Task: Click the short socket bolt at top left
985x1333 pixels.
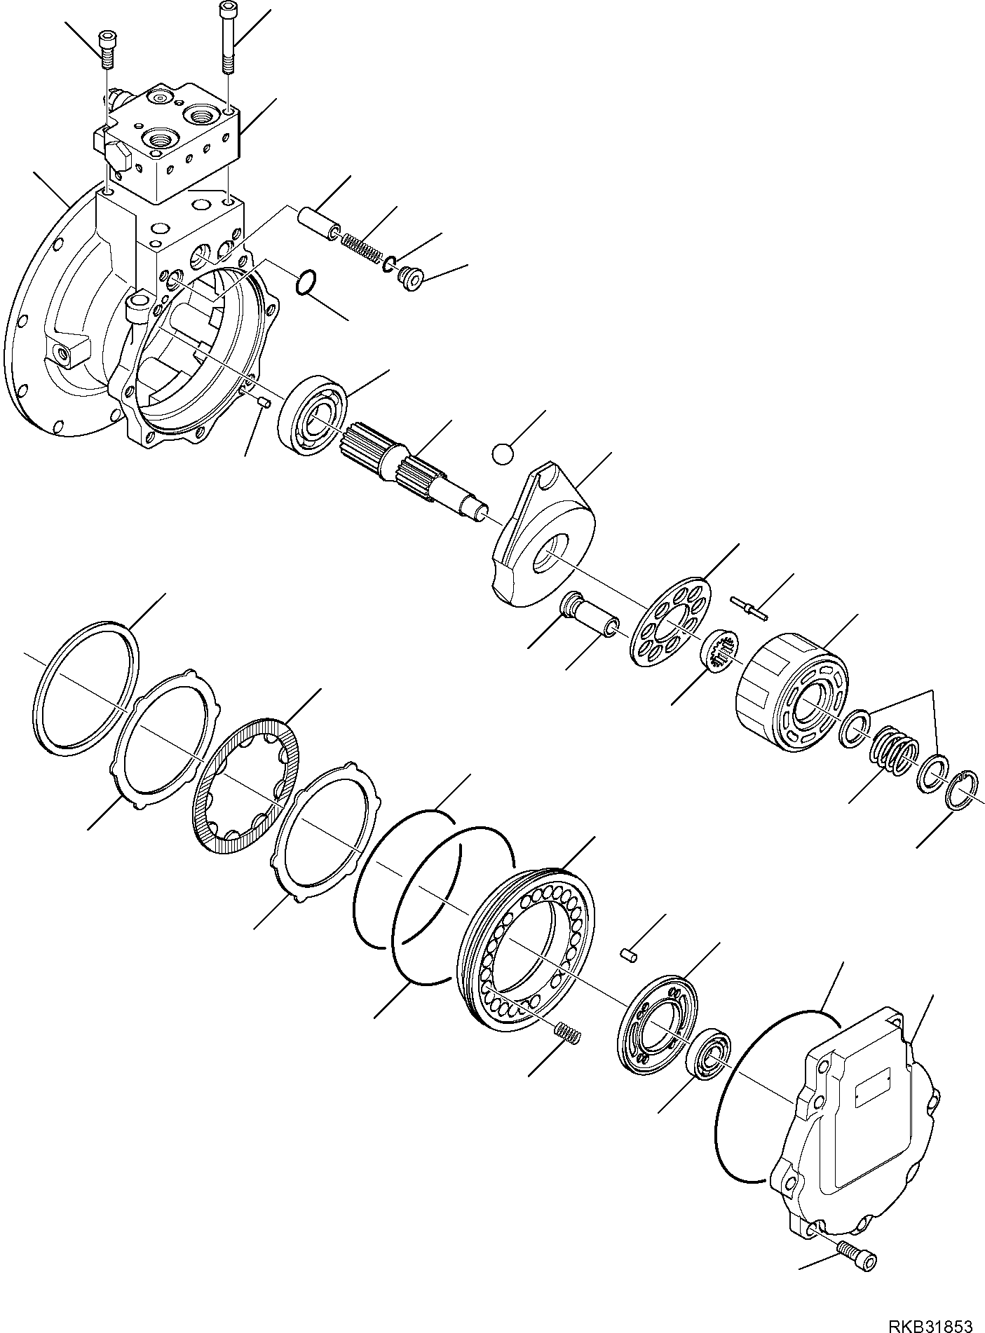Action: (x=107, y=50)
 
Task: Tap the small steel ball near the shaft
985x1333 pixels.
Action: (x=502, y=453)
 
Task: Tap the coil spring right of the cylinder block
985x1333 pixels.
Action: (x=892, y=754)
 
